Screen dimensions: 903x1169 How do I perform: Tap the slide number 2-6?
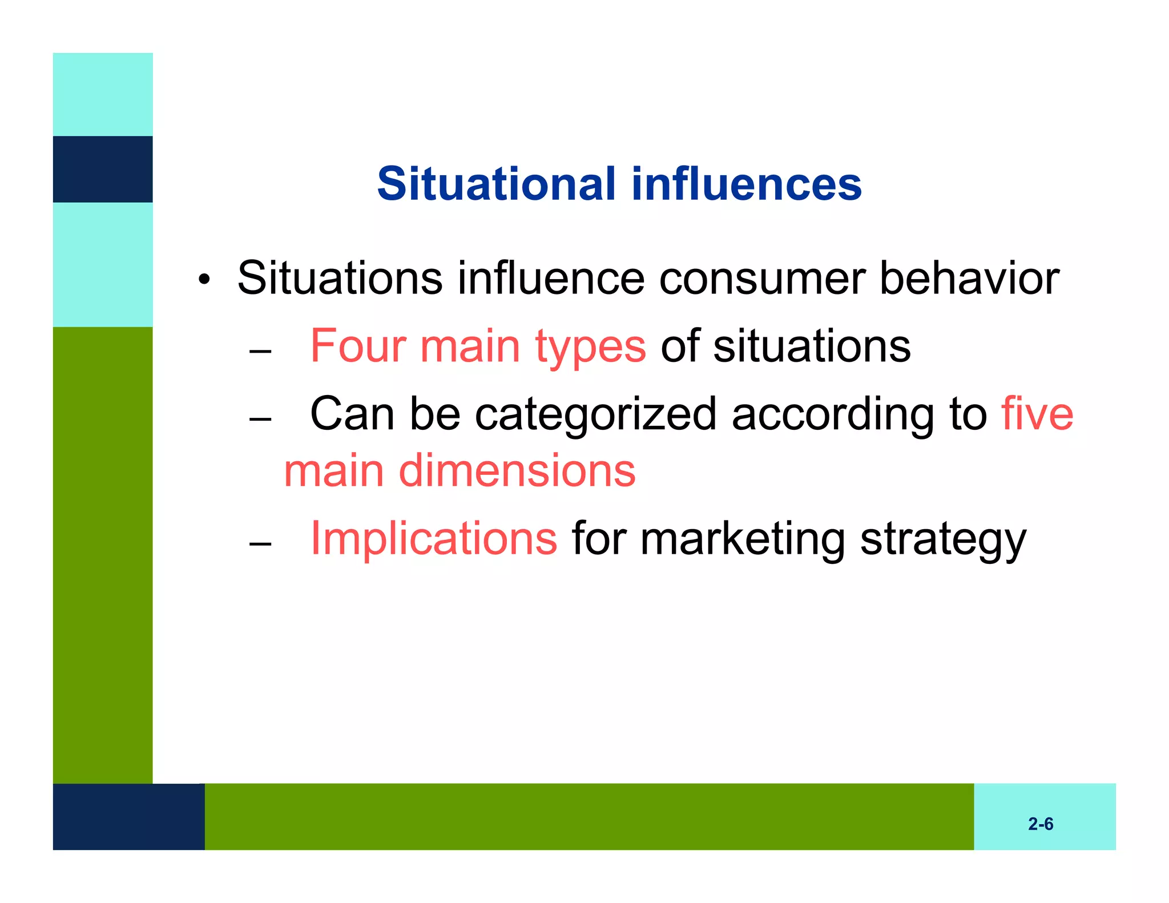point(1040,824)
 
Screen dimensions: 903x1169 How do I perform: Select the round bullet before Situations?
point(204,280)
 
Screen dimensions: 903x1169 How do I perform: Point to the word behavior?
point(969,279)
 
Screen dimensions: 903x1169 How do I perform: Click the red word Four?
point(358,346)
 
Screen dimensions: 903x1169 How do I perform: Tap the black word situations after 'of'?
point(812,346)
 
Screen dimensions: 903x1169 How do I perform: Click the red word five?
point(1037,414)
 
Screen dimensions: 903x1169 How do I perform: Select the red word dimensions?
point(517,471)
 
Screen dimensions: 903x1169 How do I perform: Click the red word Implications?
point(433,538)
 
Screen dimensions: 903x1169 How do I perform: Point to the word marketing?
point(742,539)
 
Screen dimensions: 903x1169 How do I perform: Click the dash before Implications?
point(260,543)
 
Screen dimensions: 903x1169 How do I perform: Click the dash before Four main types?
point(260,351)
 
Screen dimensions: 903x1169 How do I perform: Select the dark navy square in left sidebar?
point(103,169)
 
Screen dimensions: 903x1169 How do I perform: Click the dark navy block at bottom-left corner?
point(128,816)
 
